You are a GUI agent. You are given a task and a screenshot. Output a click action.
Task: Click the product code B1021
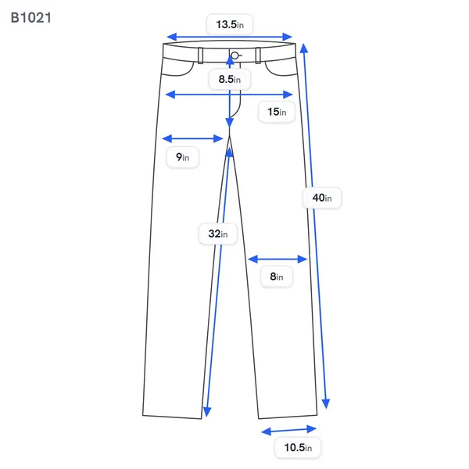pos(30,18)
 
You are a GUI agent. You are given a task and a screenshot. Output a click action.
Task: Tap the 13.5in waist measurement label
pos(230,24)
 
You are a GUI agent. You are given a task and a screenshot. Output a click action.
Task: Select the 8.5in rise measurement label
pos(229,79)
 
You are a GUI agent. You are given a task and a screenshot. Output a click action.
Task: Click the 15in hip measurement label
pos(277,112)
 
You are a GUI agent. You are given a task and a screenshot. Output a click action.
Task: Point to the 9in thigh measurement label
pos(182,157)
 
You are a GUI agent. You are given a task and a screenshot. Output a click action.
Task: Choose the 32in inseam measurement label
pos(218,234)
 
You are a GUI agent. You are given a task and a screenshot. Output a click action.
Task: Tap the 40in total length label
pos(322,198)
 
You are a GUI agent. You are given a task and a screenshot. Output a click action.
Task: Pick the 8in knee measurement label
pos(277,277)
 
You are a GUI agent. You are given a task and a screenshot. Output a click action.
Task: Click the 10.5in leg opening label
pos(298,447)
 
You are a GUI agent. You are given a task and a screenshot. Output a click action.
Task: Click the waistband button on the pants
pos(235,55)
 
